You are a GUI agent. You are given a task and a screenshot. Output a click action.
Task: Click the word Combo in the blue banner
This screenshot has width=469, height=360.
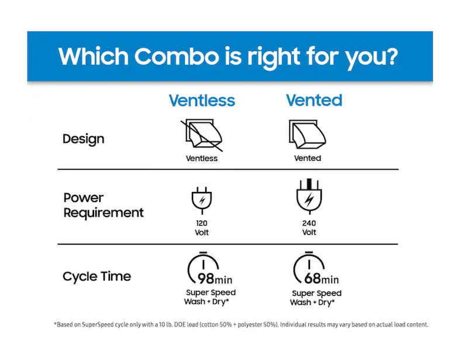click(177, 56)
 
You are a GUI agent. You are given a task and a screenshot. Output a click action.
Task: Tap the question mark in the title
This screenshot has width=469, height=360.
click(390, 56)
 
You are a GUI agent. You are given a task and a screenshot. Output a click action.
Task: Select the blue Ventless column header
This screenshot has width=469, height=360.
click(202, 100)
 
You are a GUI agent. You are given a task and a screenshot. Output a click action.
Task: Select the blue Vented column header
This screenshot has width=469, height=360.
click(314, 100)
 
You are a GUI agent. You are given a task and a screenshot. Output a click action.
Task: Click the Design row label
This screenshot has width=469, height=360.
click(84, 139)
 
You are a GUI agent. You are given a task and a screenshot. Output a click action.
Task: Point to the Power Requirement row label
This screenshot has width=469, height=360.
click(104, 205)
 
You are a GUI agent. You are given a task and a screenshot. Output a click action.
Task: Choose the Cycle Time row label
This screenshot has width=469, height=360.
click(96, 276)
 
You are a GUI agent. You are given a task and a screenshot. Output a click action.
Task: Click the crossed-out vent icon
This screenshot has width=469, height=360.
click(202, 135)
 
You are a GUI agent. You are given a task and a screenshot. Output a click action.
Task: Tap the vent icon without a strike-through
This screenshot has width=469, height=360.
click(307, 134)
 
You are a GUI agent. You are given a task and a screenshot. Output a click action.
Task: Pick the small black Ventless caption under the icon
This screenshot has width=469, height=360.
click(202, 158)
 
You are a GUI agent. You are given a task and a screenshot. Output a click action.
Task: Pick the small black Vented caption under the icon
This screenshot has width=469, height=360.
click(308, 158)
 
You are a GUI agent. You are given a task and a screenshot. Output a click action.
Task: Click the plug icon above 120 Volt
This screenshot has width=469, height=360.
click(202, 200)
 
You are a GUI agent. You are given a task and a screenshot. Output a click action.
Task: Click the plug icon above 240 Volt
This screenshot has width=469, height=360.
click(309, 196)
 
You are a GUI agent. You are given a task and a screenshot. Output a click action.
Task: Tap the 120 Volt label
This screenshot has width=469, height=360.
click(202, 228)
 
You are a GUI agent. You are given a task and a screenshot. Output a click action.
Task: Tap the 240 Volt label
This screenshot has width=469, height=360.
click(309, 228)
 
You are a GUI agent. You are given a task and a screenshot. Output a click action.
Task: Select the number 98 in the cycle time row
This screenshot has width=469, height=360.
click(206, 279)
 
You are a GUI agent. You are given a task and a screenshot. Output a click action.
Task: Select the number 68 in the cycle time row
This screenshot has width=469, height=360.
click(312, 279)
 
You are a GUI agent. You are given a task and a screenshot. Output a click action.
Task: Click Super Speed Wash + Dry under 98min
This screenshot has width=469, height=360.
click(210, 297)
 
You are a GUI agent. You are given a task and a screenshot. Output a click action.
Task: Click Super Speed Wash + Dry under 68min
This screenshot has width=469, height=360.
click(316, 297)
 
